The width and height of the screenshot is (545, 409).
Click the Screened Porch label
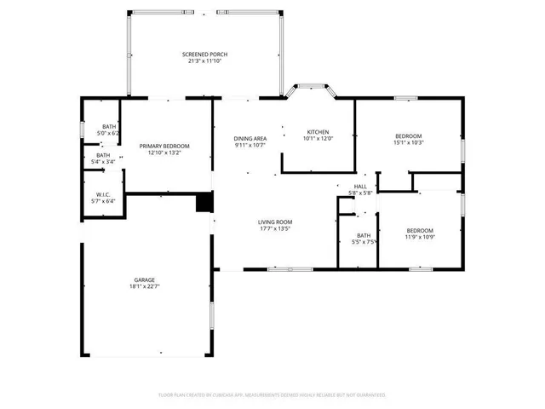tap(204, 55)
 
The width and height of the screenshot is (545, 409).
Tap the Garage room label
tap(144, 279)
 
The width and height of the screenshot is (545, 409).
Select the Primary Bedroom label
tap(164, 147)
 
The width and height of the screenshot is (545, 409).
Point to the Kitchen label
tap(318, 132)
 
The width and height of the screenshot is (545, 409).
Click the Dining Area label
tap(250, 138)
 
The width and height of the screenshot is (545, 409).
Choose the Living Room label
tap(275, 222)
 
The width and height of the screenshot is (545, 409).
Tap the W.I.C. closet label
tap(103, 194)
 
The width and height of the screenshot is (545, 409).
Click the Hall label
tap(360, 186)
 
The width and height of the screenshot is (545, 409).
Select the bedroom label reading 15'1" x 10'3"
tap(408, 136)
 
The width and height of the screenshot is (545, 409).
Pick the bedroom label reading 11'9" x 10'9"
tap(419, 231)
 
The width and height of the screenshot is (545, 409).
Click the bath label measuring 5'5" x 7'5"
tap(364, 235)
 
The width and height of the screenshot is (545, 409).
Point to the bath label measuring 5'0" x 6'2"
tap(109, 127)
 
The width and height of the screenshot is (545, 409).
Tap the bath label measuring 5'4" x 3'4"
tap(103, 155)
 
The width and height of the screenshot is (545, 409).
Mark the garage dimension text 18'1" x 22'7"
tap(144, 287)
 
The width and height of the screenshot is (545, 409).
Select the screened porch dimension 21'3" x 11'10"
tap(204, 61)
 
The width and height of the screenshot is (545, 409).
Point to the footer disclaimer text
tap(272, 395)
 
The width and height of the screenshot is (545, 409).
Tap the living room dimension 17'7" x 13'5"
tap(275, 228)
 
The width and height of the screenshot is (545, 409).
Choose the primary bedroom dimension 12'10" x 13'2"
tap(164, 153)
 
